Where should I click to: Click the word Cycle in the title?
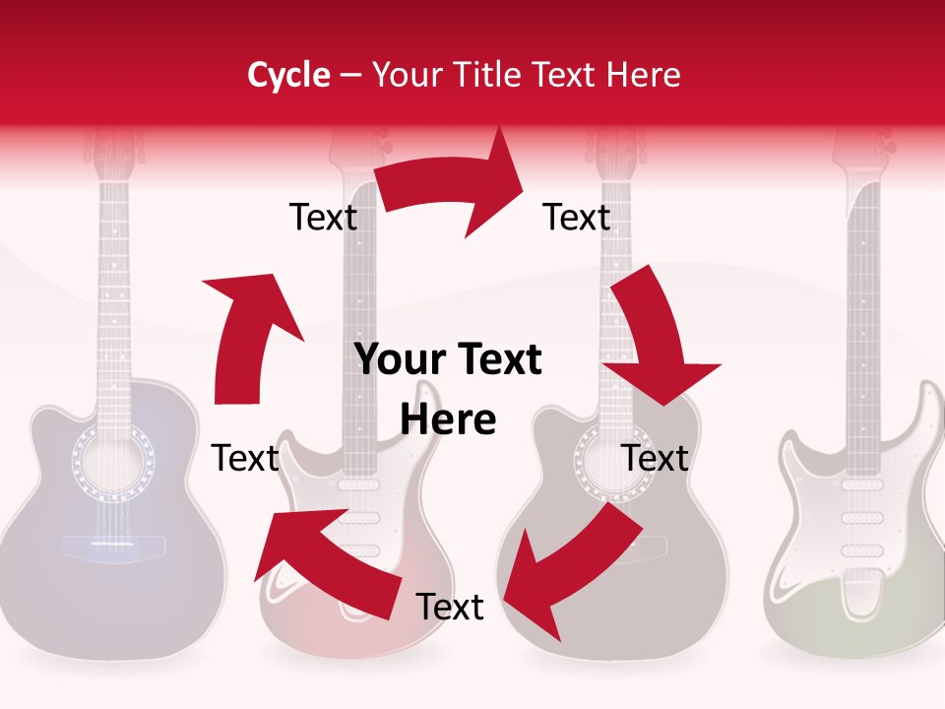(288, 75)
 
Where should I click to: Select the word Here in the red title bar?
(645, 75)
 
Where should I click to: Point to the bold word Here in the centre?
(448, 419)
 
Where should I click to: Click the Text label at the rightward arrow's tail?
(323, 218)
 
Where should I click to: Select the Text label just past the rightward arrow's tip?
(577, 218)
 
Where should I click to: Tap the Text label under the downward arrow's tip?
(655, 458)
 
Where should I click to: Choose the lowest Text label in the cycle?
(450, 608)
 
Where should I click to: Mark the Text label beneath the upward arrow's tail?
(246, 458)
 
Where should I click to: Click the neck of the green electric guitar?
(863, 295)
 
